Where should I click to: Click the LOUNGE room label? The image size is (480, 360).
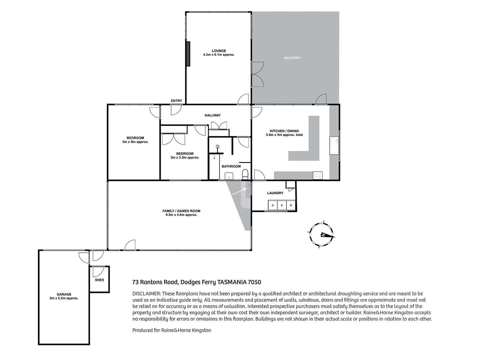click(219, 51)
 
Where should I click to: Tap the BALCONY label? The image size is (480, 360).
click(292, 58)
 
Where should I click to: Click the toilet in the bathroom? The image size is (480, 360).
click(245, 174)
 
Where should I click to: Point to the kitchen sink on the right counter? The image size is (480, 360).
click(334, 145)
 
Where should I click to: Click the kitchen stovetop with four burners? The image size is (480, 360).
click(318, 175)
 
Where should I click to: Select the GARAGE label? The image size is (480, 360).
click(64, 294)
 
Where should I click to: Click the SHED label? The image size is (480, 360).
click(99, 280)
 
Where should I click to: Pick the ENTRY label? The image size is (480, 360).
click(176, 101)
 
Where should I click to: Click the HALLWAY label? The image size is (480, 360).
click(212, 115)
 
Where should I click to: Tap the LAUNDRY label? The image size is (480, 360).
click(275, 193)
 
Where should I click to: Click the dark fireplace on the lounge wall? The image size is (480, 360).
click(188, 54)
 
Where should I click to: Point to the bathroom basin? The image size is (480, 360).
click(228, 175)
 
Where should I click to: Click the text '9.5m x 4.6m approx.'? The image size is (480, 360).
click(181, 215)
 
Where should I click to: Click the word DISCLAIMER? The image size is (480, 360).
click(147, 294)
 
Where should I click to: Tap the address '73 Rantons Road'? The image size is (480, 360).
click(155, 282)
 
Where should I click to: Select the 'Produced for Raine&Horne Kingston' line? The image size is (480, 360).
click(172, 330)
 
